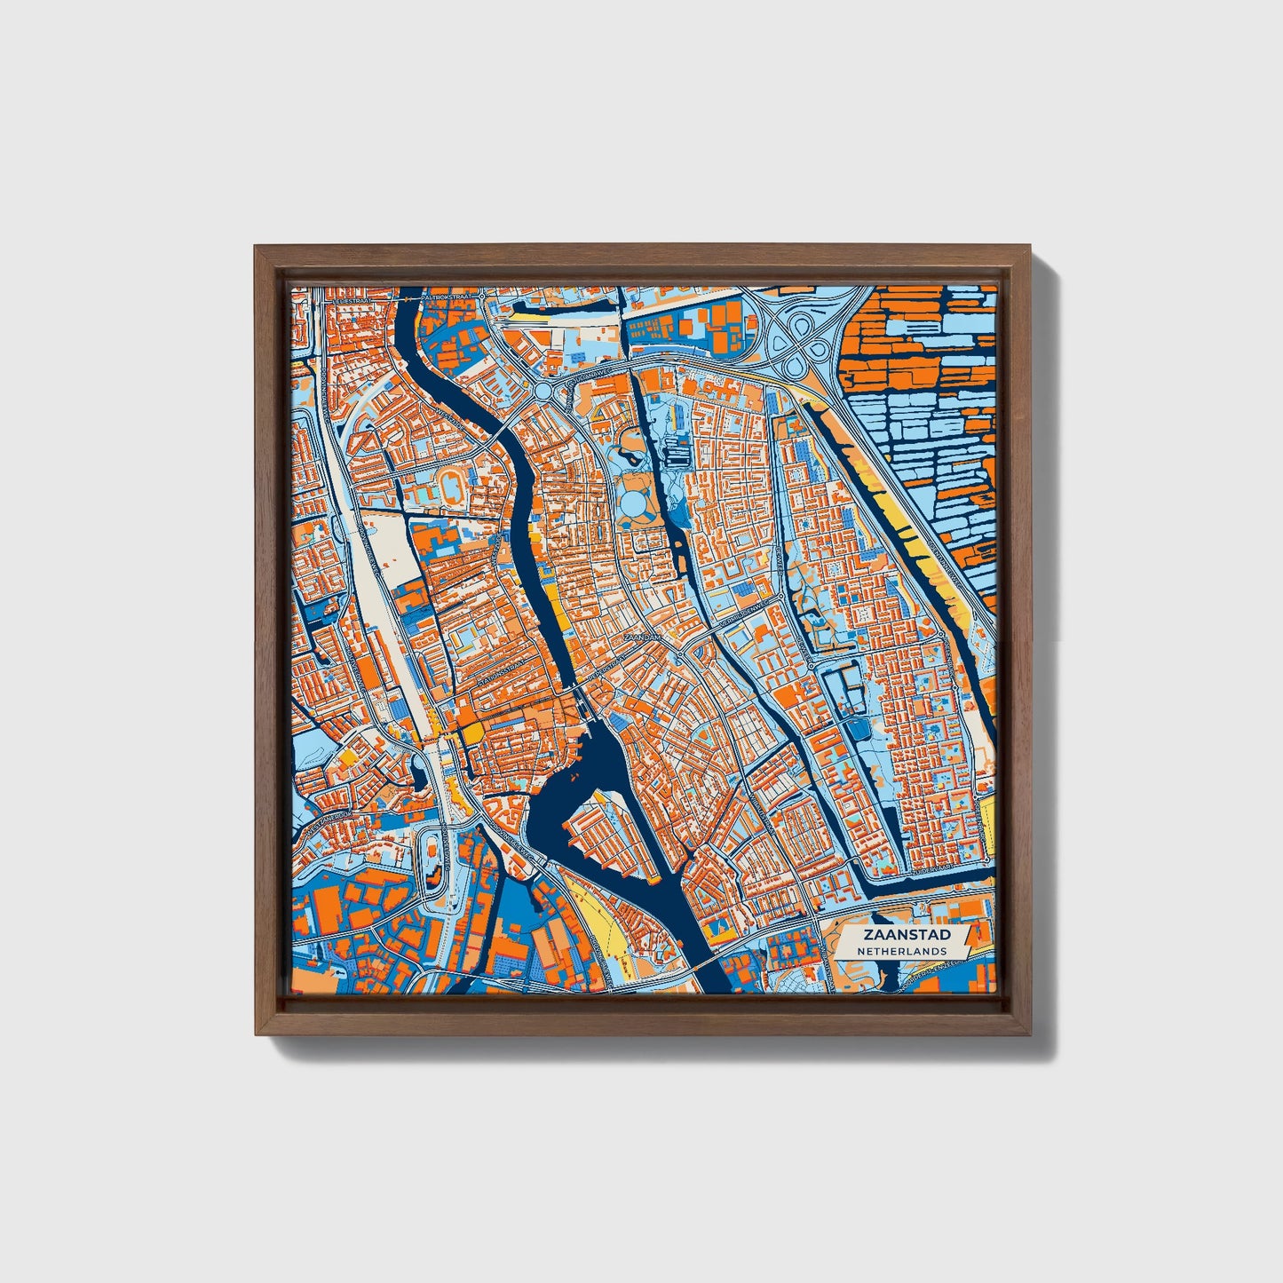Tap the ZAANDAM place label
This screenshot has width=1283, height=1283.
pos(642,638)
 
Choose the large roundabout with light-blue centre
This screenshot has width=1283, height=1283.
pos(543,391)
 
